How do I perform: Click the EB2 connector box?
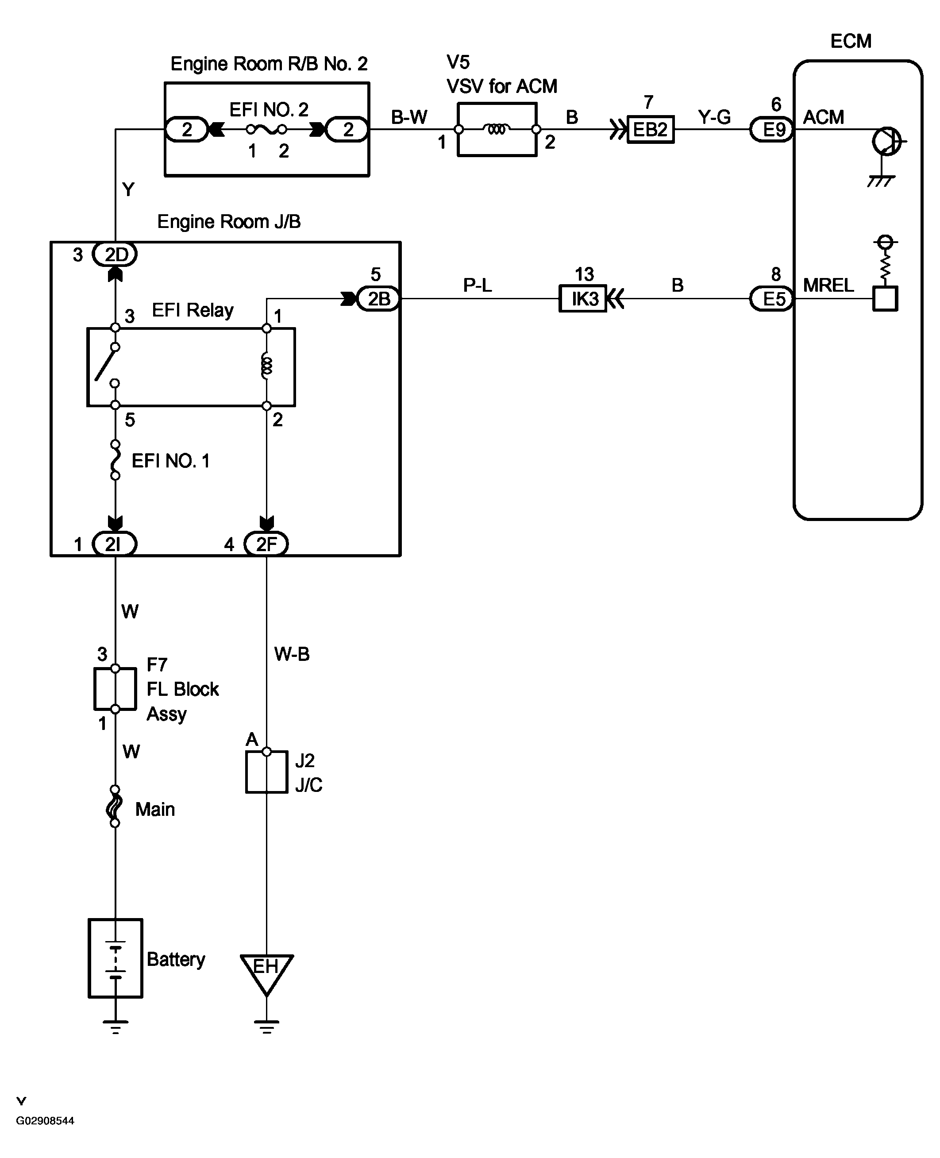tap(650, 129)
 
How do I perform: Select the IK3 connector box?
tap(582, 298)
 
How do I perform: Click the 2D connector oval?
tap(115, 254)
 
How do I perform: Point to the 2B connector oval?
tap(378, 298)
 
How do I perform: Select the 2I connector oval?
tap(115, 544)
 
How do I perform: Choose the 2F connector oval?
tap(266, 544)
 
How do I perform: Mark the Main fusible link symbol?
tap(115, 806)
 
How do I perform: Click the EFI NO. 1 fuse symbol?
tap(115, 460)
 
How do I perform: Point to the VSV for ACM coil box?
tap(497, 129)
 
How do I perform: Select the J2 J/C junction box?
tap(266, 772)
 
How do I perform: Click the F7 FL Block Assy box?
tap(115, 689)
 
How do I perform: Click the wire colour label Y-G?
tap(714, 117)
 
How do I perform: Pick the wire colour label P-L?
tap(478, 286)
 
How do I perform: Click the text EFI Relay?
tap(193, 310)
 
